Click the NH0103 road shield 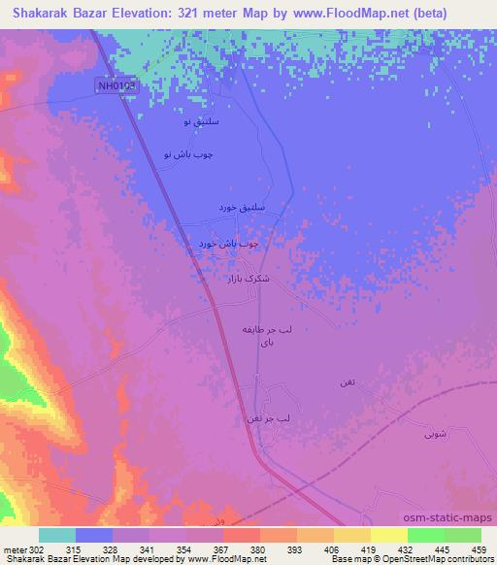tap(118, 86)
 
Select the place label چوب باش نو tap(188, 155)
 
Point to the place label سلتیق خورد tap(238, 210)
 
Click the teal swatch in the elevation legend tap(57, 535)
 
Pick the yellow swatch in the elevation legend tap(387, 535)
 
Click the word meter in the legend tap(14, 549)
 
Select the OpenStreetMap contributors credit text tap(449, 560)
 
